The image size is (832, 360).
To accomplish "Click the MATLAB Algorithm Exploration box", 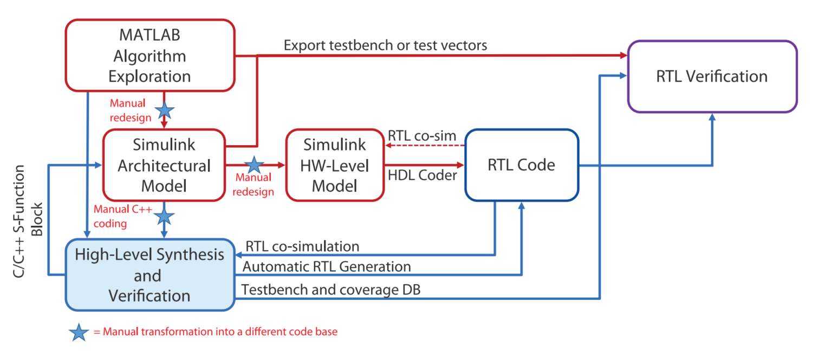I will point(150,55).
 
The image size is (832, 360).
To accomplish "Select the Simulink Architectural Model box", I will point(164,165).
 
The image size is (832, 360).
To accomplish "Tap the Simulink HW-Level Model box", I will point(334,165).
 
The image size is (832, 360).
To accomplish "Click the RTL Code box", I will point(521,165).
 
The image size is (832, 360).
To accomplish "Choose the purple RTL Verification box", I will point(712,76).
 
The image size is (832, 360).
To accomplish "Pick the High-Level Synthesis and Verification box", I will point(149,274).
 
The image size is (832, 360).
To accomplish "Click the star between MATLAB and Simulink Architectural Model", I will point(165,111).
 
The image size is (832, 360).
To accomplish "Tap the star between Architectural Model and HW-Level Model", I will point(253,165).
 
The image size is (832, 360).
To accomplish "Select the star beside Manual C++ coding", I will point(165,217).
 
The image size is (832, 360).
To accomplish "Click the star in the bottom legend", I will point(80,333).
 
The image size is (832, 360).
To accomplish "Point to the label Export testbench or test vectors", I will point(385,45).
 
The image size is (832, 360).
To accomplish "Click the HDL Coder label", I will point(422,176).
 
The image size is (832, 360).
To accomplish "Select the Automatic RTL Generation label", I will point(327,267).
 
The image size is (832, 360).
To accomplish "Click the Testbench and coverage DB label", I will point(331,290).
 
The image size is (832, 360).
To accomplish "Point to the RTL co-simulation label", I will point(302,246).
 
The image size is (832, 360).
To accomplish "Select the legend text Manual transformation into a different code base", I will point(216,332).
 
